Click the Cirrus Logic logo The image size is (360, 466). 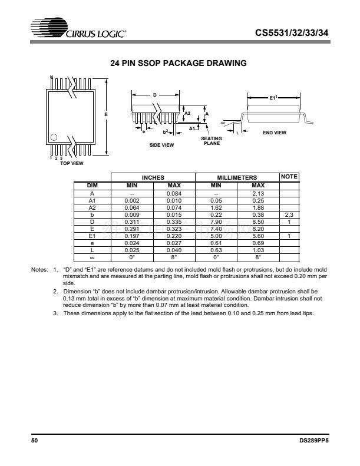tap(80, 29)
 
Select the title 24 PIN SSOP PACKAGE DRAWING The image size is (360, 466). tap(179, 63)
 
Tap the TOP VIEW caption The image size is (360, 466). tap(72, 163)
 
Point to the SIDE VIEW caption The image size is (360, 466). tap(161, 145)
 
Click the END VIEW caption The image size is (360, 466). tap(274, 133)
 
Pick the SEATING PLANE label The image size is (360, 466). tap(212, 141)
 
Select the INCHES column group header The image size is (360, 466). tap(153, 177)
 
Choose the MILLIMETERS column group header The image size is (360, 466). tap(237, 177)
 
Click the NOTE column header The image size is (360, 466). tap(289, 177)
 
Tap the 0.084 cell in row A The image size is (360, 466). tap(174, 193)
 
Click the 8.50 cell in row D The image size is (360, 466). tap(257, 222)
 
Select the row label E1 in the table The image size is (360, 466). tap(92, 236)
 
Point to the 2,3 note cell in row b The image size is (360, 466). tap(289, 214)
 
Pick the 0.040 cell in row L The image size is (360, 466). tap(174, 250)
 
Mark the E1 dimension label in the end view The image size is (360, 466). tap(273, 98)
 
